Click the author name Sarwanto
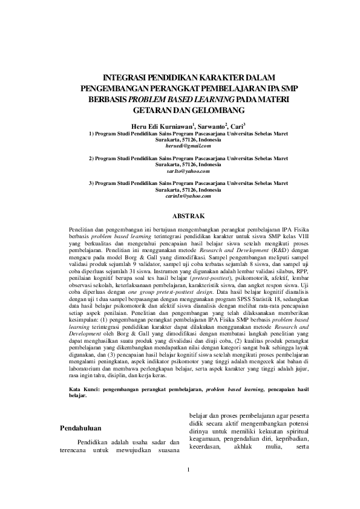(x=210, y=126)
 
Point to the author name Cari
(x=237, y=126)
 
